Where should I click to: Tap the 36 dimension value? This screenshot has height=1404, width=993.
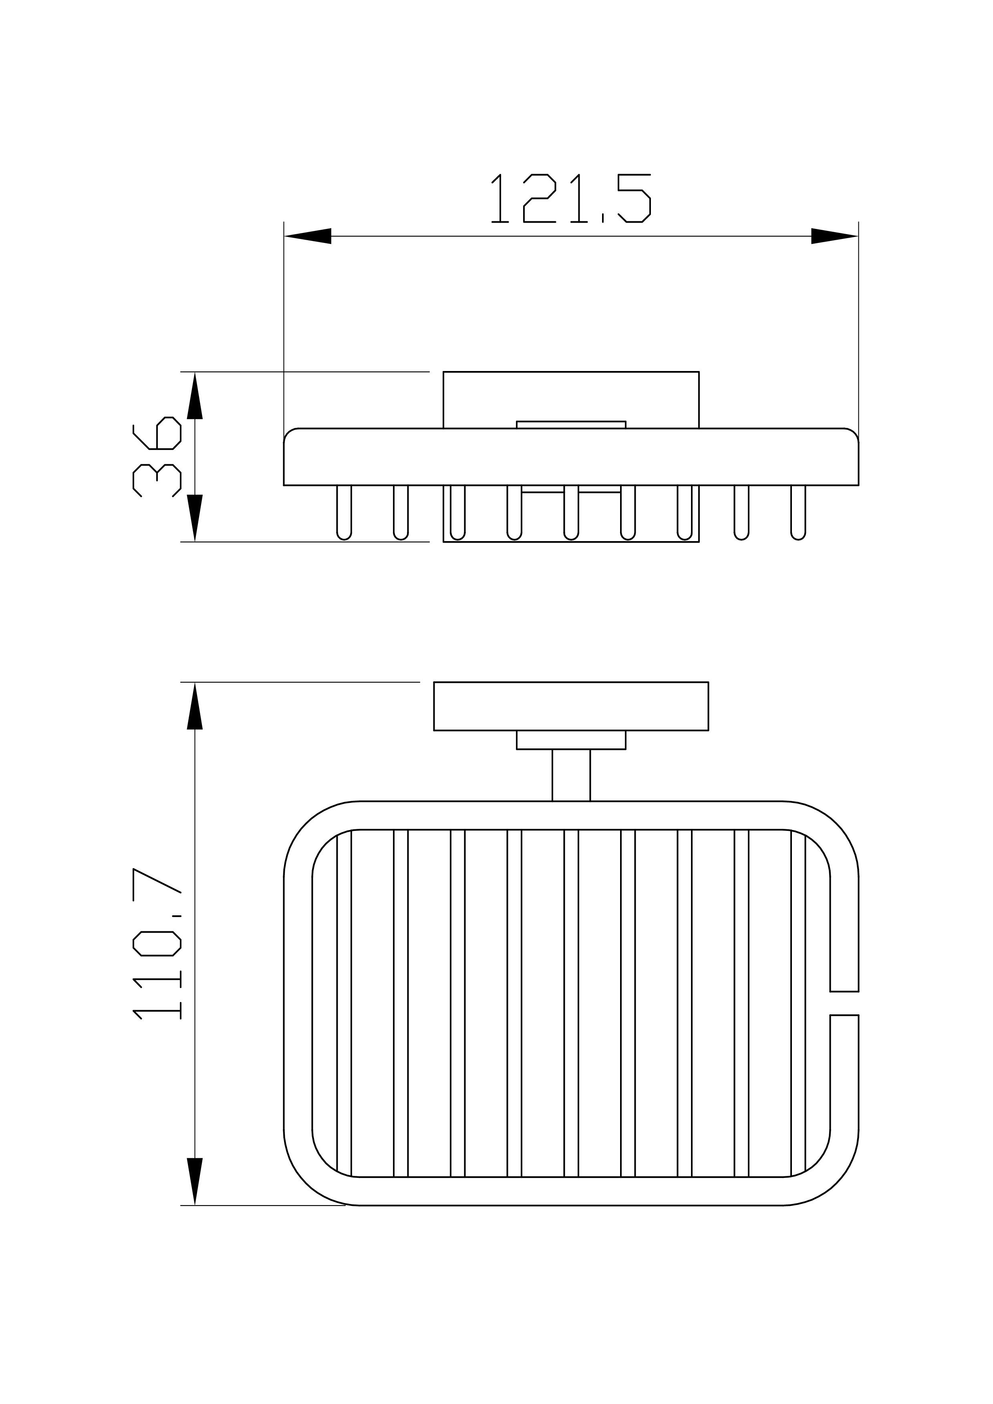pyautogui.click(x=157, y=456)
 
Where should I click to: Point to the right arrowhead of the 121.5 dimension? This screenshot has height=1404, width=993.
pyautogui.click(x=834, y=236)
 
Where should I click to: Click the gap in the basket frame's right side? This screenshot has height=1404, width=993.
pyautogui.click(x=844, y=1003)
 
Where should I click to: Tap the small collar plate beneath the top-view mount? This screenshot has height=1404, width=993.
pyautogui.click(x=571, y=739)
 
